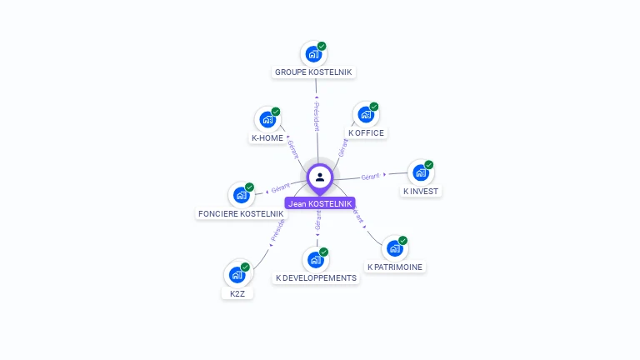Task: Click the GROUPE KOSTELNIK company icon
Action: [x=313, y=54]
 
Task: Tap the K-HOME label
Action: [x=267, y=138]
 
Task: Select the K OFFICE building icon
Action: [x=365, y=115]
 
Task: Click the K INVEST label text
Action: [x=421, y=192]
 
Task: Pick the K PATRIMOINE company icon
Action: [x=394, y=248]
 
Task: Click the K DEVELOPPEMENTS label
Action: [x=316, y=278]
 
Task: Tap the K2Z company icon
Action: [x=237, y=274]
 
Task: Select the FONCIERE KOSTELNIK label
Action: [x=241, y=214]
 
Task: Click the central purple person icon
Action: [x=320, y=177]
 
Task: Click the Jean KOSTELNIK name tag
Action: [x=320, y=203]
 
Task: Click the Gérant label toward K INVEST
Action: [x=371, y=176]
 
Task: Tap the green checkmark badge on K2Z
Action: [x=245, y=267]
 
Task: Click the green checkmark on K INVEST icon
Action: [x=429, y=165]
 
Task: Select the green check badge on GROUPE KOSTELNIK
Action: [x=322, y=47]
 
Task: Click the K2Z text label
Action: [x=237, y=294]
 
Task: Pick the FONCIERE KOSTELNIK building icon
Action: [x=241, y=195]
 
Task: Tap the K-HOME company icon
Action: [x=267, y=119]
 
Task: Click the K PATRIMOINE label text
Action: [x=395, y=267]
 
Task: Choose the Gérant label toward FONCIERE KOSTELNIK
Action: [x=280, y=188]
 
